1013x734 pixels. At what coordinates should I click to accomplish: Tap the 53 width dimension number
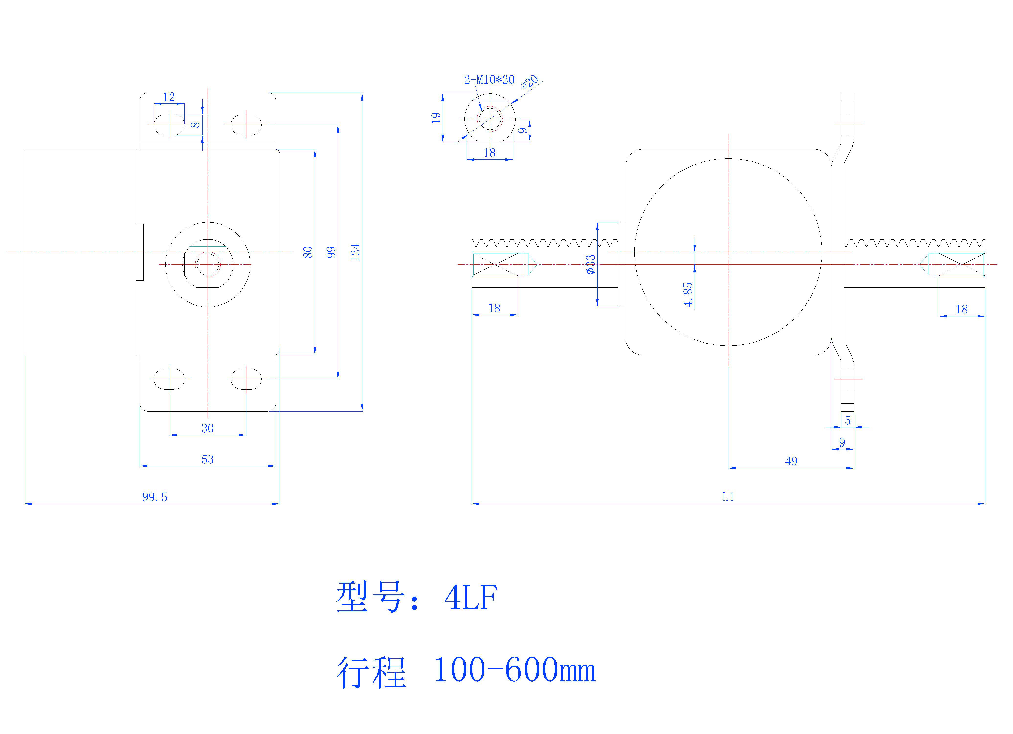pyautogui.click(x=208, y=459)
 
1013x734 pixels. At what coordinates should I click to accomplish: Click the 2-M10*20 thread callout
pyautogui.click(x=489, y=80)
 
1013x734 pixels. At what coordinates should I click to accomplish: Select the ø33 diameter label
pyautogui.click(x=590, y=264)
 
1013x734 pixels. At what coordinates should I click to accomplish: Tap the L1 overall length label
pyautogui.click(x=728, y=497)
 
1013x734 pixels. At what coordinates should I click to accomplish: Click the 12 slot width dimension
pyautogui.click(x=169, y=97)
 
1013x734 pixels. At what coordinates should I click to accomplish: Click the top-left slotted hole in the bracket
pyautogui.click(x=169, y=125)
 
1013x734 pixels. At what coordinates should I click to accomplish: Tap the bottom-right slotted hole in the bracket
pyautogui.click(x=246, y=379)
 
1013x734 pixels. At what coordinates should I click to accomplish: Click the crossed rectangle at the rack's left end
pyautogui.click(x=495, y=264)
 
